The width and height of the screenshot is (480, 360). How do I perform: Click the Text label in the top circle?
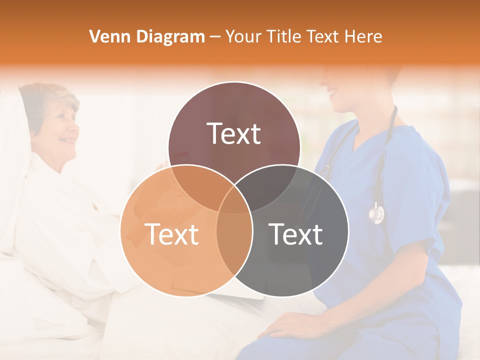point(234,133)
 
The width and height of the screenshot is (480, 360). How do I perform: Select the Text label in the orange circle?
point(171,234)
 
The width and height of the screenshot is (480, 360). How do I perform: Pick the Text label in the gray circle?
point(296,234)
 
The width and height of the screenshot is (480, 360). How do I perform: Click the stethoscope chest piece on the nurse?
point(376,213)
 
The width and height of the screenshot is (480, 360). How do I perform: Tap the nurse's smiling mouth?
point(332,92)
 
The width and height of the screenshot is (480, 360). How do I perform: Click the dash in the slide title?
point(215,37)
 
